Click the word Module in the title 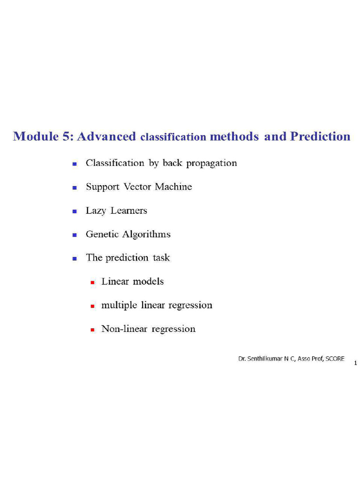pos(36,136)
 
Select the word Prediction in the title pos(320,136)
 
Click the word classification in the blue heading pos(173,137)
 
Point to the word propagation pos(211,164)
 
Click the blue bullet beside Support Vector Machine pos(75,187)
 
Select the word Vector pos(137,187)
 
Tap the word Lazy pos(96,211)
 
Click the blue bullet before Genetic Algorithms pos(75,235)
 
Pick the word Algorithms pos(146,234)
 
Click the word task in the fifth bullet pos(161,258)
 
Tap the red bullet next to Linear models pos(92,283)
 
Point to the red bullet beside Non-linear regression pos(92,330)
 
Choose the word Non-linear pos(124,329)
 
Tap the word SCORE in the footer pos(335,359)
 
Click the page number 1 pos(355,363)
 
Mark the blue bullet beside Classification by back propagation pos(75,164)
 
